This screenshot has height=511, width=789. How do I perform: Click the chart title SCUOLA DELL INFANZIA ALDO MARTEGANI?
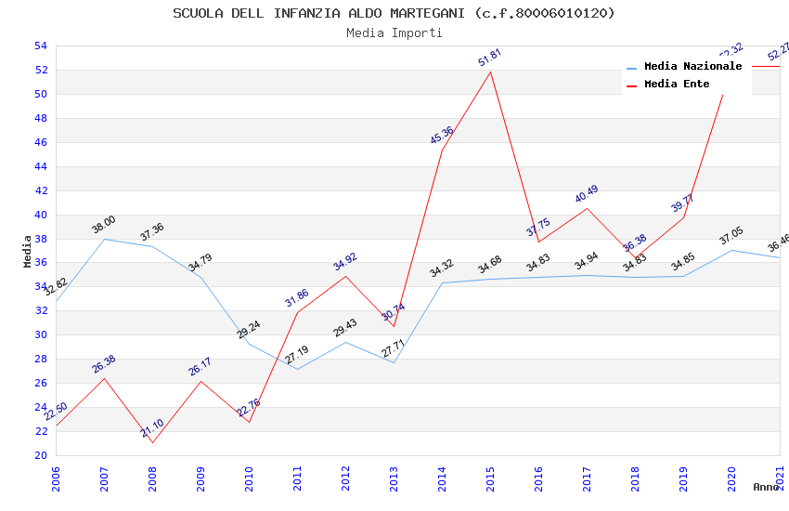click(x=394, y=13)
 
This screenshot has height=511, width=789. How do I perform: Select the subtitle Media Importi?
click(x=394, y=33)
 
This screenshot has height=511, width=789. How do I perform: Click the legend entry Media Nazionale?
click(x=692, y=66)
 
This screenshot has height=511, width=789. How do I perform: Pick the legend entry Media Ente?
click(x=677, y=84)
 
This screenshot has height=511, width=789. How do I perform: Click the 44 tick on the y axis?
click(x=40, y=166)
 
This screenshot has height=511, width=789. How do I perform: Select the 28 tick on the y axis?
click(x=40, y=359)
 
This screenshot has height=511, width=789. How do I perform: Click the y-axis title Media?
click(x=28, y=251)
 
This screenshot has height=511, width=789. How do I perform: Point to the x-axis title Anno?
click(x=766, y=487)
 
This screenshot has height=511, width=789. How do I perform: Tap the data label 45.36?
click(x=442, y=135)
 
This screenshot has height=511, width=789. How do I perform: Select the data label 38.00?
click(x=103, y=224)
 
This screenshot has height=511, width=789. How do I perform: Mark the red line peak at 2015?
click(x=490, y=72)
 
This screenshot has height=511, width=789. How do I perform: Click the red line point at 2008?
click(x=152, y=442)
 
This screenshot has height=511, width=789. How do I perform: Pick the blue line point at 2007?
click(x=104, y=239)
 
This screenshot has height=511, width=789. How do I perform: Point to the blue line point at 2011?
click(x=297, y=369)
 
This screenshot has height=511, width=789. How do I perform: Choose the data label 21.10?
click(x=152, y=428)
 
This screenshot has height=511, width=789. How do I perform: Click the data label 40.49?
click(x=587, y=194)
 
